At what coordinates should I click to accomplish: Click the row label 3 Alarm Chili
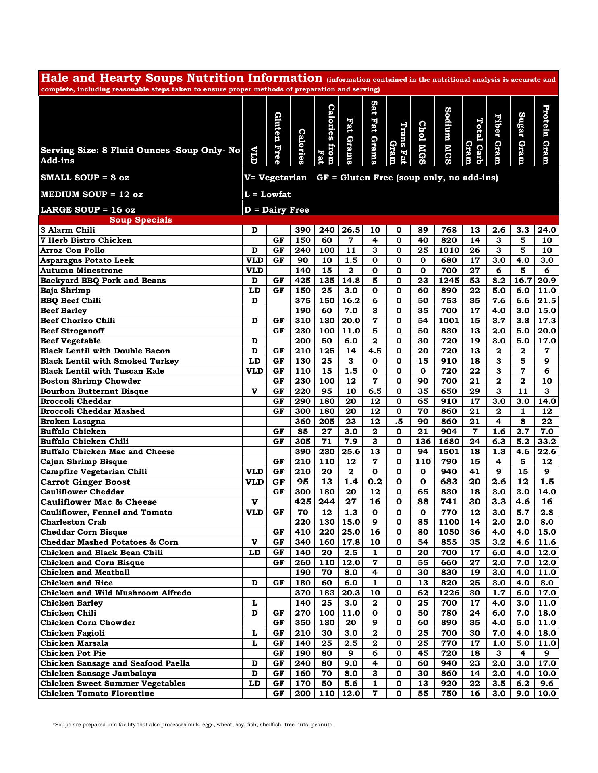(68, 230)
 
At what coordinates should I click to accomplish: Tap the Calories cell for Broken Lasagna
(303, 422)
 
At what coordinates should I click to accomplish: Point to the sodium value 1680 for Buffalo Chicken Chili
(448, 442)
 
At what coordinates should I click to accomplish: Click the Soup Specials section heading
(141, 220)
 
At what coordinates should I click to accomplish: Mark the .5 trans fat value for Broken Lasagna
(399, 422)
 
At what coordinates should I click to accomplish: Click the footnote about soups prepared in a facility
(193, 725)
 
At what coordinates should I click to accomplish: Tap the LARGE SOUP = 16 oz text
(88, 210)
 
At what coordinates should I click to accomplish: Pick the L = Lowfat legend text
(268, 194)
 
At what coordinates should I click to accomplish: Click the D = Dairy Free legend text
(277, 210)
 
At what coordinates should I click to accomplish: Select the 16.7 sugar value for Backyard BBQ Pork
(523, 281)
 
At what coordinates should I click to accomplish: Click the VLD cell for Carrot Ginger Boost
(255, 482)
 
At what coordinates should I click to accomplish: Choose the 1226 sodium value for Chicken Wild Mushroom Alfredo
(448, 593)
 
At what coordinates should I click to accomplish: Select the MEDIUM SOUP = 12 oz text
(91, 194)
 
